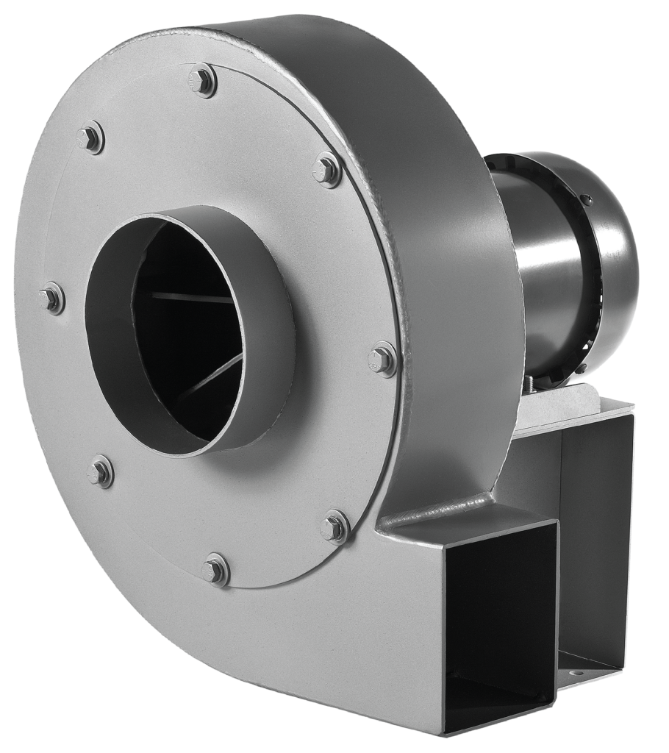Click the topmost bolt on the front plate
tap(202, 79)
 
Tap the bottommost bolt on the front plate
tap(215, 570)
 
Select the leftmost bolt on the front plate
tap(52, 298)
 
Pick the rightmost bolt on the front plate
tap(382, 360)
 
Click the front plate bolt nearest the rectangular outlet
tap(335, 527)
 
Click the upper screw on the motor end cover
tap(585, 199)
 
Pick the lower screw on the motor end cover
tap(581, 368)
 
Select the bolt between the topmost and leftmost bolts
tap(91, 138)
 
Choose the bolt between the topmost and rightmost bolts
tap(327, 170)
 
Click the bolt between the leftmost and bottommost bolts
tap(101, 471)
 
